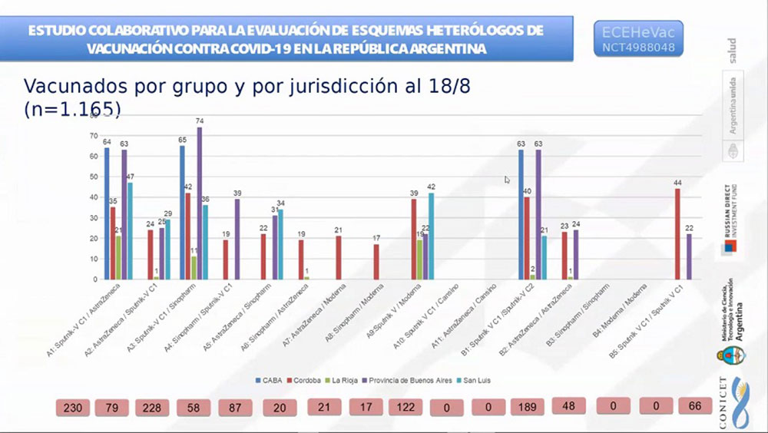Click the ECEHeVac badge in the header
pyautogui.click(x=639, y=38)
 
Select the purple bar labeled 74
pyautogui.click(x=200, y=203)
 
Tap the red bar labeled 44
pyautogui.click(x=677, y=234)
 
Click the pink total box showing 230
pyautogui.click(x=73, y=407)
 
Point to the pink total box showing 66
pyautogui.click(x=695, y=406)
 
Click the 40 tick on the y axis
pyautogui.click(x=94, y=197)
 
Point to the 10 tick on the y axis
pyautogui.click(x=94, y=259)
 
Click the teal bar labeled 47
pyautogui.click(x=130, y=230)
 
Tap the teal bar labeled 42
pyautogui.click(x=431, y=236)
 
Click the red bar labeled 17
pyautogui.click(x=376, y=262)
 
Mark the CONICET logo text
pyautogui.click(x=724, y=403)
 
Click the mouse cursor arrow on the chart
pyautogui.click(x=507, y=180)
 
